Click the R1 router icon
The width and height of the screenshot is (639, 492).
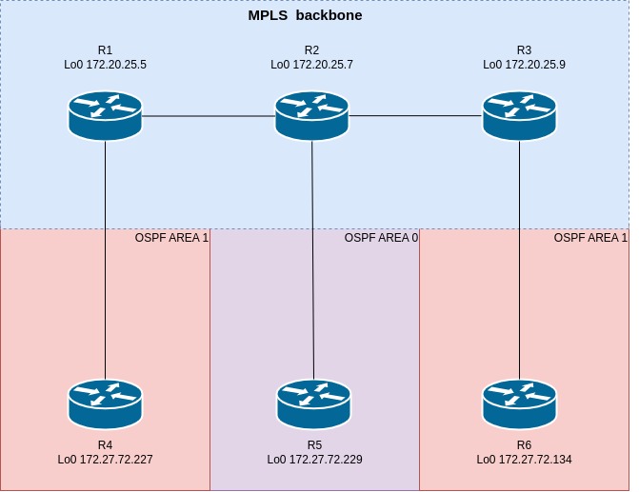(105, 116)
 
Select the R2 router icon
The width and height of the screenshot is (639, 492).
(311, 116)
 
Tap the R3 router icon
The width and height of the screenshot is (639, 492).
(519, 116)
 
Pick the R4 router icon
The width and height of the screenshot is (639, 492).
(105, 404)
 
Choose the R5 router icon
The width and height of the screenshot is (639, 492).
(313, 404)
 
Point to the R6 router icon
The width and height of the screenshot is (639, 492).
(519, 404)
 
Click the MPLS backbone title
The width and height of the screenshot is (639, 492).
(306, 15)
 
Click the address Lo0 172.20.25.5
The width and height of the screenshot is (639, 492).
(105, 65)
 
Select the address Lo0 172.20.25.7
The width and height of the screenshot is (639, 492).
(311, 65)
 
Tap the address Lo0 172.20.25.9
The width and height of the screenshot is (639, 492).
(524, 65)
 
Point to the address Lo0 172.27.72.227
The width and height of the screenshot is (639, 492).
(105, 460)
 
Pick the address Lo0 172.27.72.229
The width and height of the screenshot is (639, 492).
(314, 460)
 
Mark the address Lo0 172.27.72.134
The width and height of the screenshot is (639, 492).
(524, 460)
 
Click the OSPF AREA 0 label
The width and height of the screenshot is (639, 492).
(381, 238)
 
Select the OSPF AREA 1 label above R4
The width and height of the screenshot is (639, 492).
(171, 238)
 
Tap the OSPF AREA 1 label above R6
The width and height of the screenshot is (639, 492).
(590, 238)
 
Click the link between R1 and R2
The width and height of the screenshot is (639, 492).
(209, 116)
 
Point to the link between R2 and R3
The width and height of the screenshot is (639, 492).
(415, 116)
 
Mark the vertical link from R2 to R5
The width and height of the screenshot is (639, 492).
(312, 260)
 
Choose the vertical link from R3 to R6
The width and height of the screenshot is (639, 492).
(519, 260)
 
